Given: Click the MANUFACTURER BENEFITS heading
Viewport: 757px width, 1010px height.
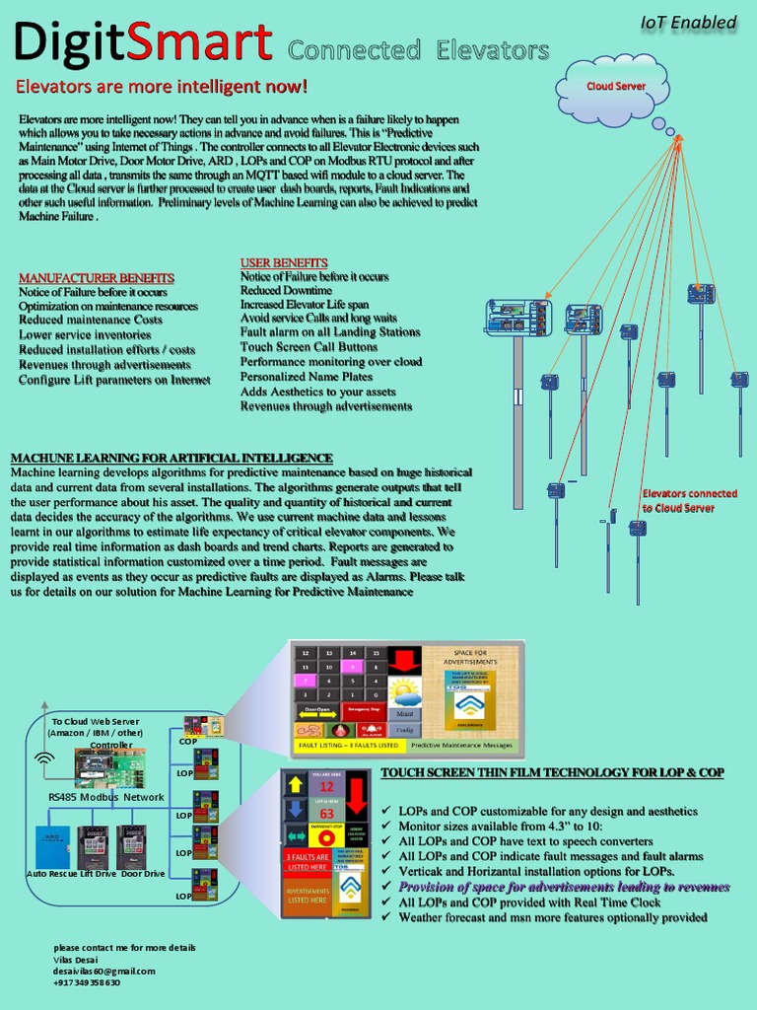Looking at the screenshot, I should [x=97, y=278].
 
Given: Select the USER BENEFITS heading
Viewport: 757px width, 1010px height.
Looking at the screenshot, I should [x=284, y=262].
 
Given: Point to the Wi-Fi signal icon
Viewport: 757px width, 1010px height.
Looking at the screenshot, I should [x=44, y=759].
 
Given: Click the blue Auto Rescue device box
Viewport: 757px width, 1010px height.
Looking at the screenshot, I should [x=54, y=847].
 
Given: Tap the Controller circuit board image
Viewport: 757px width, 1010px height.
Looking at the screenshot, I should [x=110, y=767].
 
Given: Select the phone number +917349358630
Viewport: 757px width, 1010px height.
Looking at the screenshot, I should [x=87, y=982].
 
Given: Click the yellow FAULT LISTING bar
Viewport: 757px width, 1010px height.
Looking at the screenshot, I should [x=348, y=746].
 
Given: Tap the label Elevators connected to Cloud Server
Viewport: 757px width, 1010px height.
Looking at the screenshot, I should [x=689, y=500].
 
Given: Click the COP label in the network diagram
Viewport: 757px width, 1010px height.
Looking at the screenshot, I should [x=187, y=741].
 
